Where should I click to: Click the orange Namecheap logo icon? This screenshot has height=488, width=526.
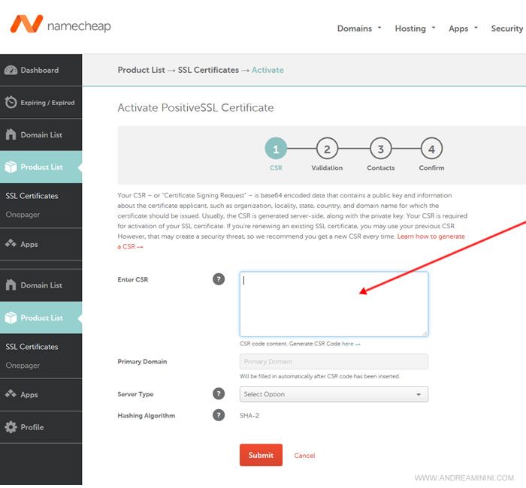pos(26,24)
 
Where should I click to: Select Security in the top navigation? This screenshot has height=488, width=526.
pos(507,29)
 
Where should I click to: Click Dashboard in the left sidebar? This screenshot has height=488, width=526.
pos(40,70)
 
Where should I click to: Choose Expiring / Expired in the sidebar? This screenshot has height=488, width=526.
pos(47,103)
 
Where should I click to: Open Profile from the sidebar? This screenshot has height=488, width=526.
pos(32,427)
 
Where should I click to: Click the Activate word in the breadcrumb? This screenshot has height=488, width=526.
pos(268,70)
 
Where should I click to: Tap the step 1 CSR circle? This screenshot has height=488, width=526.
pos(276,149)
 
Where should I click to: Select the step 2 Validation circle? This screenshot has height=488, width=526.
pos(327,149)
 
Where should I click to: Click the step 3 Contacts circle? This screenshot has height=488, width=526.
pos(381,149)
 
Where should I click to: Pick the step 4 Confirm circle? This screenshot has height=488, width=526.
pos(432,149)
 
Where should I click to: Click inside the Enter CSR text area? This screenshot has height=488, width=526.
pos(334,304)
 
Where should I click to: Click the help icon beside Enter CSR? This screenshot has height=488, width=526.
pos(219,279)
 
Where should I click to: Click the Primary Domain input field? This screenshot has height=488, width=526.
pos(334,362)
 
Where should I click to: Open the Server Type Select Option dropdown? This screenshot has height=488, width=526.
pos(334,394)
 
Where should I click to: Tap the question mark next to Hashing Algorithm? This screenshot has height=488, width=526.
pos(219,415)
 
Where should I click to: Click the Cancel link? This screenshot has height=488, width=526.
pos(304,456)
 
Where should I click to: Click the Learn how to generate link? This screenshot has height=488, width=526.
pos(431,236)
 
